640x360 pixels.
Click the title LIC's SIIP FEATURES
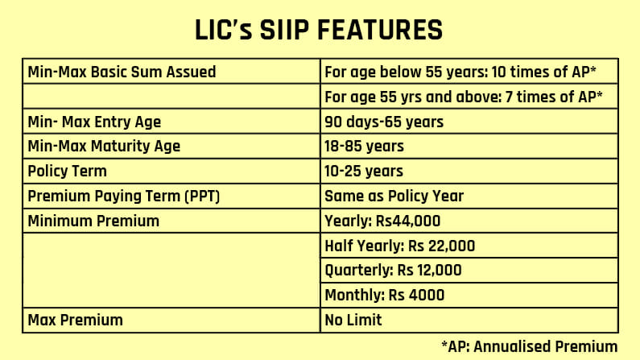pos(319,31)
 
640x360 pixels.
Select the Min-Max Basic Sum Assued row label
pos(122,72)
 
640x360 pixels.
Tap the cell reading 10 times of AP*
pos(460,72)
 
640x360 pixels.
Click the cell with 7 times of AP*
pos(464,97)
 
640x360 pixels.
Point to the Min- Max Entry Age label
pos(94,122)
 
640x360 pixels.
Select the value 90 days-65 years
pos(384,122)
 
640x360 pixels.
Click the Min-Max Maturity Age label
pos(104,147)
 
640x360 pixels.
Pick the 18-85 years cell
pos(364,147)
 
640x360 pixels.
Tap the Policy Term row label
pos(67,172)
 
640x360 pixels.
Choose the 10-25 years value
pos(364,172)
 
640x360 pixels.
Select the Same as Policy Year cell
pos(394,196)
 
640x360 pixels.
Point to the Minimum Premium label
pos(93,221)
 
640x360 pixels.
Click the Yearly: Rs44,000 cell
pos(383,221)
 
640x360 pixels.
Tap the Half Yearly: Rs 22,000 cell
pos(399,246)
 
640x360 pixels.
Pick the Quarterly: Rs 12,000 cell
pos(393,270)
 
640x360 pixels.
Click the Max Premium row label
pos(75,320)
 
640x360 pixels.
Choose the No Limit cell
pos(353,320)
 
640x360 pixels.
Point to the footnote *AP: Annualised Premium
pos(529,346)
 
